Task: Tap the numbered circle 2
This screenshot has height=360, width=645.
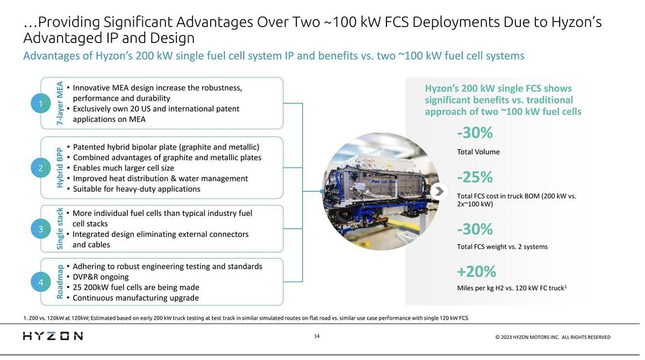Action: pos(40,168)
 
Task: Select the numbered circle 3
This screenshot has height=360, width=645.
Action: pos(40,229)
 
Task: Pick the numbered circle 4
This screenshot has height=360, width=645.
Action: pos(40,282)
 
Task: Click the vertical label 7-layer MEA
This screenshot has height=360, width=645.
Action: pos(60,103)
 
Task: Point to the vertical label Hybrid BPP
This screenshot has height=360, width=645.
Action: pos(60,168)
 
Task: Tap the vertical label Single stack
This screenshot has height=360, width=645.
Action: pos(60,229)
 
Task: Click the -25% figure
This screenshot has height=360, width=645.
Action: pos(475,177)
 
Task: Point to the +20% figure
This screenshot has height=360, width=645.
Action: pos(476,271)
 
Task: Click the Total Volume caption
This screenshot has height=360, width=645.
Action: pos(478,152)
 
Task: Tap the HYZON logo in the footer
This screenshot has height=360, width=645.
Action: pos(53,336)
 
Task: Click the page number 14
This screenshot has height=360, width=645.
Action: pos(317,336)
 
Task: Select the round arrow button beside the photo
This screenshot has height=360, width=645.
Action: pos(439,191)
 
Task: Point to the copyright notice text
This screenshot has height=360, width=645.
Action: pos(553,337)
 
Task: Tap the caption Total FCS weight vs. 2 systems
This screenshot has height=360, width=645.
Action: pos(502,247)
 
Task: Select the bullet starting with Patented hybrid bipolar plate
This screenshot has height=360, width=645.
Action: pos(166,147)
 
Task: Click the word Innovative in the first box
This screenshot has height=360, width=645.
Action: pos(91,88)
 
